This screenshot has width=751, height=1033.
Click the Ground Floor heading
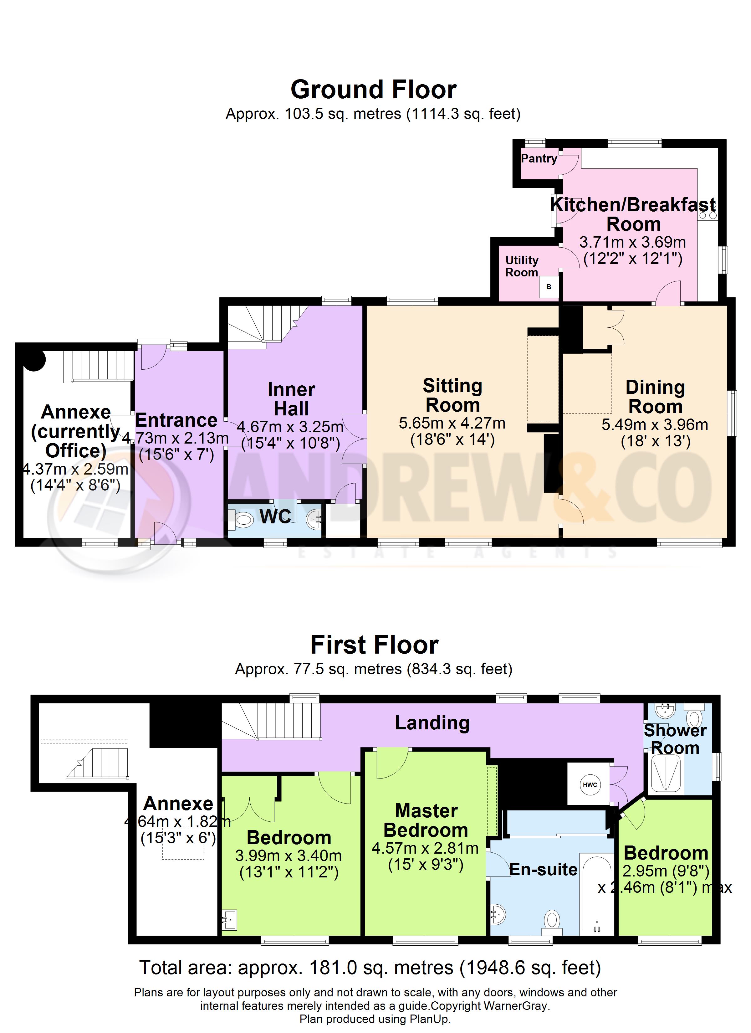coord(373,90)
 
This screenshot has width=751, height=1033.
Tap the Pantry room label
coord(539,158)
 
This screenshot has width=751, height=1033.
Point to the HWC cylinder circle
coord(590,785)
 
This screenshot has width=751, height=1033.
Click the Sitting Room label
coord(452,395)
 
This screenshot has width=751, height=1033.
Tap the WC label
coord(276,516)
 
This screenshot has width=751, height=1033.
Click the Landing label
coord(432,723)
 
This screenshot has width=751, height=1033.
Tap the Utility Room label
coord(522,266)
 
